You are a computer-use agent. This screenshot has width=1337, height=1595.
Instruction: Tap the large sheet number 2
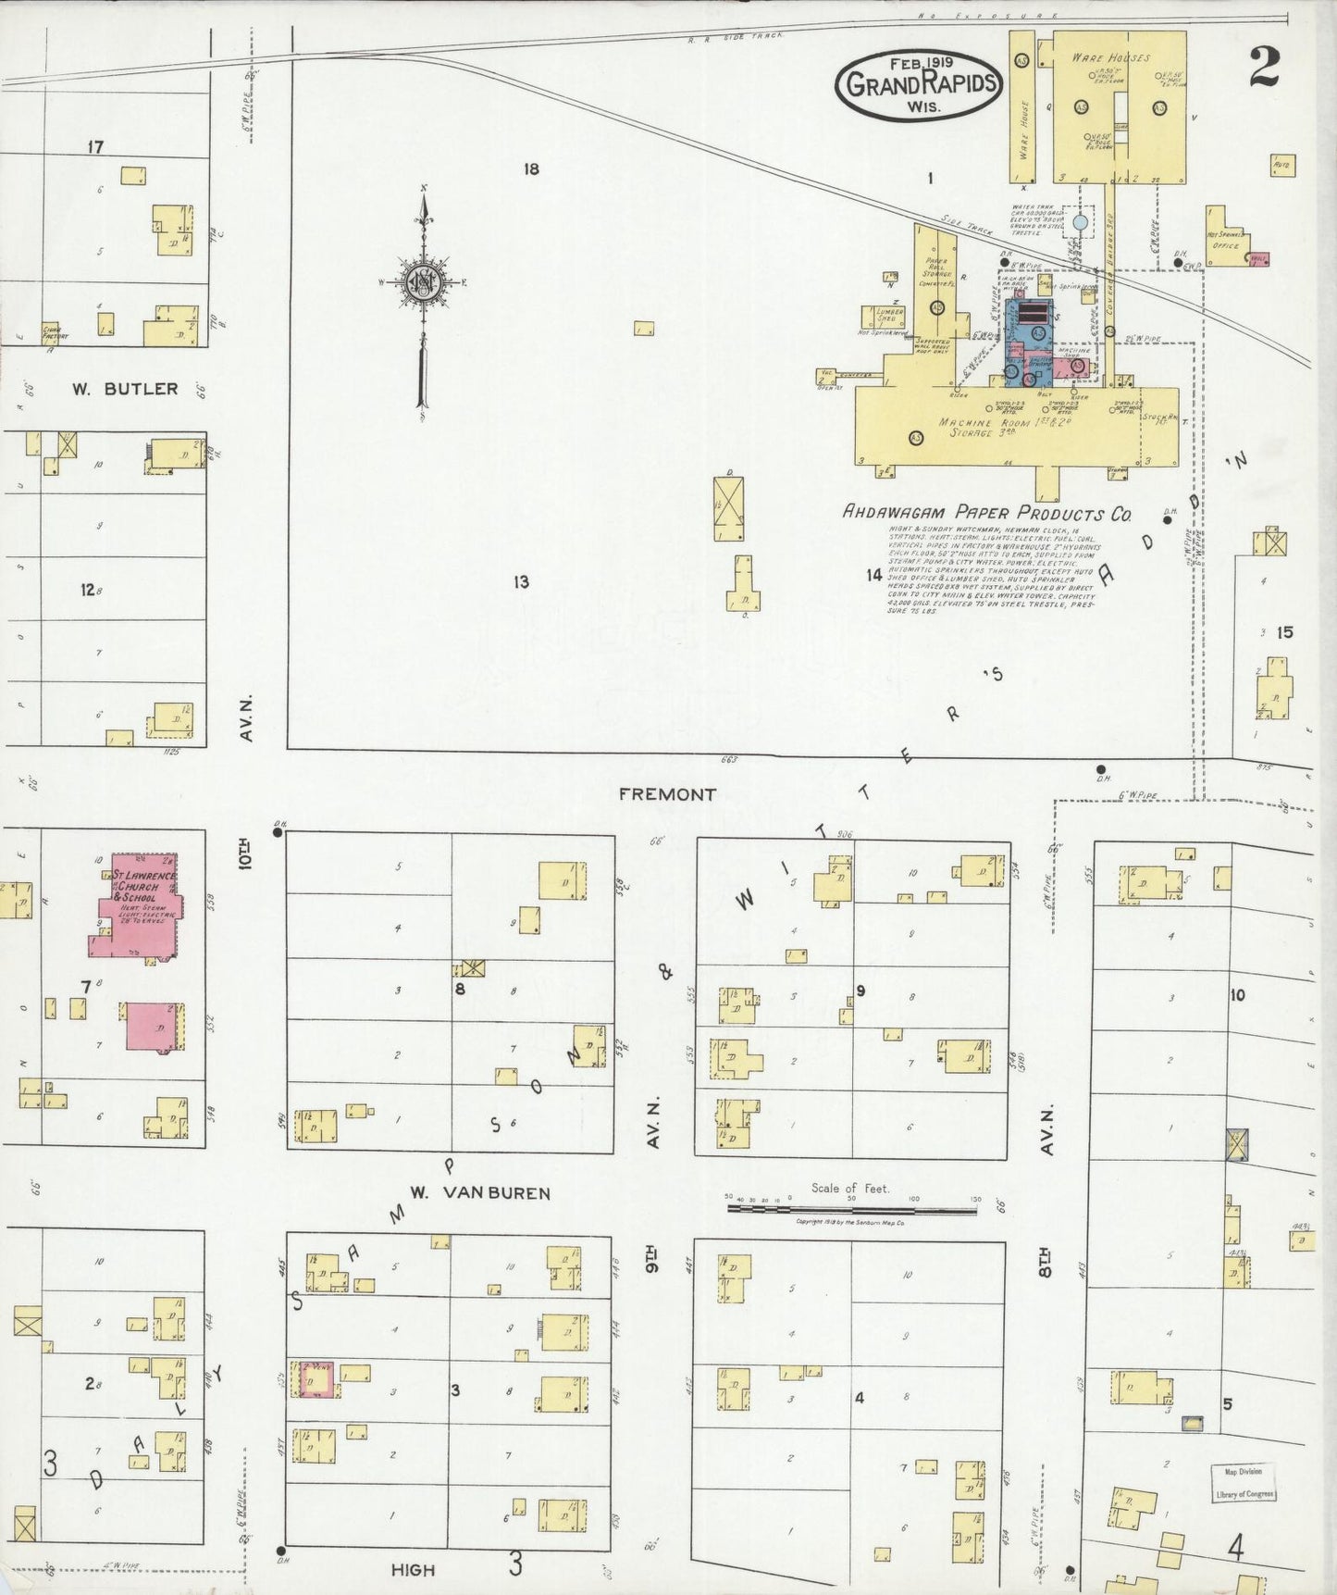tap(1264, 67)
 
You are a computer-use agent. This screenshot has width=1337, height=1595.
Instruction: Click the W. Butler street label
tap(125, 389)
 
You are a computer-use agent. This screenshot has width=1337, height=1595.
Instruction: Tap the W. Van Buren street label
tap(479, 1193)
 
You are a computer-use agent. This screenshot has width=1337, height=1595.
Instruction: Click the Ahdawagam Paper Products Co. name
tap(985, 513)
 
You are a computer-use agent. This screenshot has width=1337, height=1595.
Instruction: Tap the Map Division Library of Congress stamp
tap(1244, 1482)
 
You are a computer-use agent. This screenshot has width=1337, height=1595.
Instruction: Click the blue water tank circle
tap(1079, 223)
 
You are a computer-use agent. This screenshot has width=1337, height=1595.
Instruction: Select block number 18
tap(530, 169)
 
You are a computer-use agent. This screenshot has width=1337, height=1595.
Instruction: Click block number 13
tap(521, 581)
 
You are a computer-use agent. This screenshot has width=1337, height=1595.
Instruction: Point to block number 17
tap(95, 146)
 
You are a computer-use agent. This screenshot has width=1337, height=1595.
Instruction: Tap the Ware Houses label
tap(1110, 57)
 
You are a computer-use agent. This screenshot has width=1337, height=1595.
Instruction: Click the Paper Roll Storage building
tap(936, 278)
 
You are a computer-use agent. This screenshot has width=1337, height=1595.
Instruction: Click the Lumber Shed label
tap(888, 316)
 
